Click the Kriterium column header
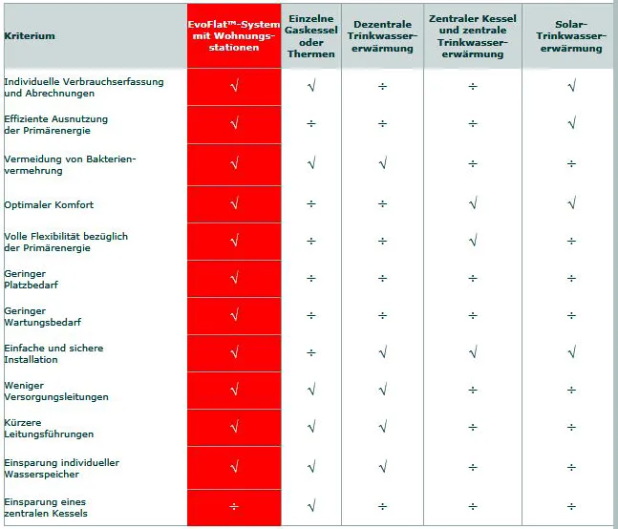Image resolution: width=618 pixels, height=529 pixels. pos(30,36)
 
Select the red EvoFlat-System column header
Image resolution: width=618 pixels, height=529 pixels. pos(234,36)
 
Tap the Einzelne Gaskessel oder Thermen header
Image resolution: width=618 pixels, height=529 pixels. pos(311,36)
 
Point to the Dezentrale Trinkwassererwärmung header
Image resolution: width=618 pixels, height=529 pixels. pos(382,36)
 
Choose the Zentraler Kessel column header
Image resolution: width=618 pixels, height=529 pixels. pos(473,36)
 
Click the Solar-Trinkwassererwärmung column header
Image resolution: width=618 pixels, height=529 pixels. pos(571,36)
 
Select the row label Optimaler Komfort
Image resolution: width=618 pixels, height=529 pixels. pos(49,205)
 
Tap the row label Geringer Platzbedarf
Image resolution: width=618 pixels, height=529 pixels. pos(31,279)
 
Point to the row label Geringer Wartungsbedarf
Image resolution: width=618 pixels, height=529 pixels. pos(43,317)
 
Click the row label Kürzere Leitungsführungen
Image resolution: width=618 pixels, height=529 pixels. pos(49,429)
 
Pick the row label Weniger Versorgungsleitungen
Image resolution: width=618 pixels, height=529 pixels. pos(56,391)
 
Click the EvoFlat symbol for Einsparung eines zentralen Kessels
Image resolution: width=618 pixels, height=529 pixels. pos(234,506)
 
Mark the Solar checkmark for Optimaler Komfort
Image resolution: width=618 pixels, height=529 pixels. pos(572,203)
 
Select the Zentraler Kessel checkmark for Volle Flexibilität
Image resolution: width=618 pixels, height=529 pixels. pos(474,240)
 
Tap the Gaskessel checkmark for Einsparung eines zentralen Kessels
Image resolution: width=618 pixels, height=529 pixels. pos(311,505)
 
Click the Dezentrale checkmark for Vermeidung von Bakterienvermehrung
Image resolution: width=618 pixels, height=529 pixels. pos(383,162)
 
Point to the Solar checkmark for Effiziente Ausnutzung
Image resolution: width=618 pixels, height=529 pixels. pos(572,123)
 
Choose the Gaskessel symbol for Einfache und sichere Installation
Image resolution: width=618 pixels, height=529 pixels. pos(311,353)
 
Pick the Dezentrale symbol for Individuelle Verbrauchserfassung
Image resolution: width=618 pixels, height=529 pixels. pos(382,86)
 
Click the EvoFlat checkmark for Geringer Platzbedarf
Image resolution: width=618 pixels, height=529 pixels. pos(235,278)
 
